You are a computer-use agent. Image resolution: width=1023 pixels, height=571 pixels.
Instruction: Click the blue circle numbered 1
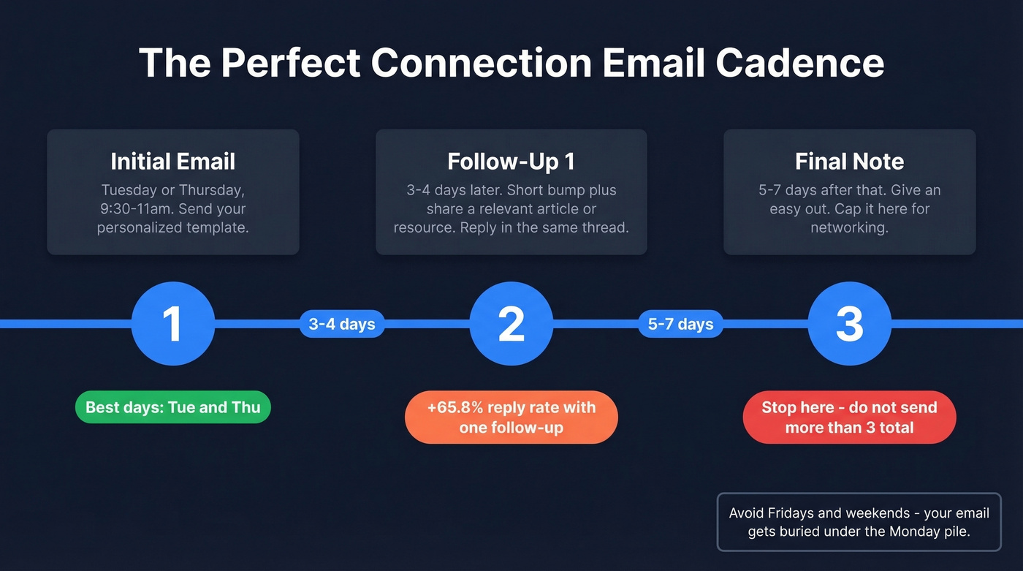point(172,323)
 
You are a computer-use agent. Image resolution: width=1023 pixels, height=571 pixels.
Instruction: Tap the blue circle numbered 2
point(511,323)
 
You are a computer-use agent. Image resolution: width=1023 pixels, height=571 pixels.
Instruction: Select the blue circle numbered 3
point(849,323)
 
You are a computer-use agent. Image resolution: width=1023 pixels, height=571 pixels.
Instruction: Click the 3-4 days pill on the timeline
point(342,324)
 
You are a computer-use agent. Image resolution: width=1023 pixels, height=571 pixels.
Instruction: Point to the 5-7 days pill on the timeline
point(680,324)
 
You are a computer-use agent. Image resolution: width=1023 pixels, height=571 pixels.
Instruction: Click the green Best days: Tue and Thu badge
point(173,407)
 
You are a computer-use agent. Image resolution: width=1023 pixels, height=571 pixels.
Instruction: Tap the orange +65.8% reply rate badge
point(511,417)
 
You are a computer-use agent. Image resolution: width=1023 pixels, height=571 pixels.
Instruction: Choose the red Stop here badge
point(849,417)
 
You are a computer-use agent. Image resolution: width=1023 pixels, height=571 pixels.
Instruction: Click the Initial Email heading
point(173,161)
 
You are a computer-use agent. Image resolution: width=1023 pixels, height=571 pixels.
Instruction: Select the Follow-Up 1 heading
point(511,161)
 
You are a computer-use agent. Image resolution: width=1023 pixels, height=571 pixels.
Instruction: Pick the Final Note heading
point(849,161)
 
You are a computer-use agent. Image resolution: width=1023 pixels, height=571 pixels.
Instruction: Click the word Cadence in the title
point(800,63)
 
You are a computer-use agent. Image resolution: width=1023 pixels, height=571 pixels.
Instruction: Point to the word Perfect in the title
point(291,63)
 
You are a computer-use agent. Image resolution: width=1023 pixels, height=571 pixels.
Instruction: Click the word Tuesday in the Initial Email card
point(129,190)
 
